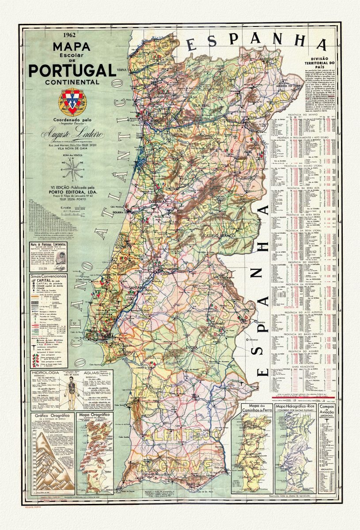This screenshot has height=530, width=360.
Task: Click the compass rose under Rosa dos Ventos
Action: pos(73,170)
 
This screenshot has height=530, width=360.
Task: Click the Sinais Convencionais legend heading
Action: pos(49,276)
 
